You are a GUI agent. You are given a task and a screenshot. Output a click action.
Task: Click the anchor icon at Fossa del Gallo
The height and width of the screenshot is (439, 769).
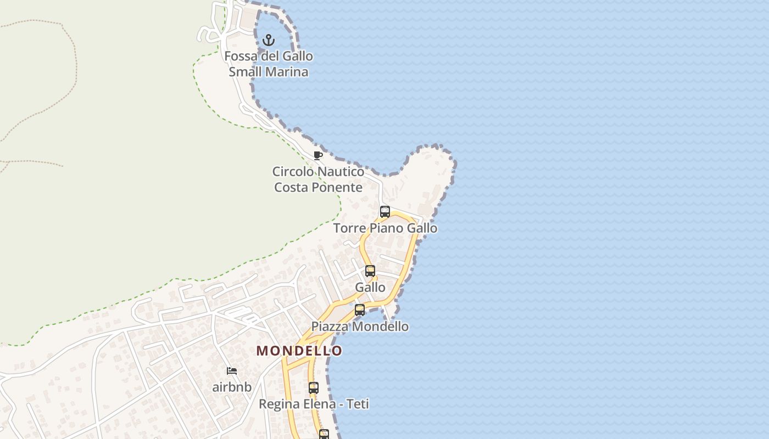coord(269,40)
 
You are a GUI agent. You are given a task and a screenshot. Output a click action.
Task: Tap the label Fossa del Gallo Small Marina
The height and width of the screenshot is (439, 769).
coord(269,64)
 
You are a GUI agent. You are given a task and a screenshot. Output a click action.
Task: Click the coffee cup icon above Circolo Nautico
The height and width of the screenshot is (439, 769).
coord(317,155)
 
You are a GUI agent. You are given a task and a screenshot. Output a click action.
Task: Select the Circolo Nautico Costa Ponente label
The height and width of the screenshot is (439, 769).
coord(319,179)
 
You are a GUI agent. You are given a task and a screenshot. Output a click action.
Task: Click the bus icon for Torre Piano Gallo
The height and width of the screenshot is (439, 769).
coord(385,212)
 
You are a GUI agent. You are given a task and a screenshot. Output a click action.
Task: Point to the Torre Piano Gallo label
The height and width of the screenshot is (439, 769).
coord(385,228)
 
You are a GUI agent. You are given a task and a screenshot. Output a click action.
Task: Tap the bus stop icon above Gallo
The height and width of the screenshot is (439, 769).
coord(370,271)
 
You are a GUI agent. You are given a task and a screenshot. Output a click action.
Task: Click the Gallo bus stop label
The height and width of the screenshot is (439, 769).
coord(370,288)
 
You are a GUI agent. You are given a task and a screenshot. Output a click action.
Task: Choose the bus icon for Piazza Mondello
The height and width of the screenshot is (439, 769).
coord(360,310)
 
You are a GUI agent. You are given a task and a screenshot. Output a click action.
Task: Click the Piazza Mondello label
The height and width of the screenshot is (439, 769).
coord(360,327)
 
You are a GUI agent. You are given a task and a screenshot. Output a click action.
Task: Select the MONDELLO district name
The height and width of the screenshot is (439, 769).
coord(299,351)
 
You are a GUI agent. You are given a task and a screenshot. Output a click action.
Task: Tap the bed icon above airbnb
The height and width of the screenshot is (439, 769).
coord(232,371)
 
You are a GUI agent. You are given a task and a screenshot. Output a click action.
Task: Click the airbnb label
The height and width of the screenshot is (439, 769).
coord(232,387)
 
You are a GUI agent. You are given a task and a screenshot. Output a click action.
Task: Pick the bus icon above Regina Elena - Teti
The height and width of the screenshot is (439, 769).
coord(314,388)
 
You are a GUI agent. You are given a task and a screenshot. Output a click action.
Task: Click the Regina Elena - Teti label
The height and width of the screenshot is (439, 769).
coord(314,404)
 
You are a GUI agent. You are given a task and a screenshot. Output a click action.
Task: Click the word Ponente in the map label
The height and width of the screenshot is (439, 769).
coord(337,187)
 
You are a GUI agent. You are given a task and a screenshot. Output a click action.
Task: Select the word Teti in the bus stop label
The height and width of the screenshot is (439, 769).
coord(357,404)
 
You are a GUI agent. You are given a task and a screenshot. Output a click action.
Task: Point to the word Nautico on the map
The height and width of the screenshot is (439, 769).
coord(341,172)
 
